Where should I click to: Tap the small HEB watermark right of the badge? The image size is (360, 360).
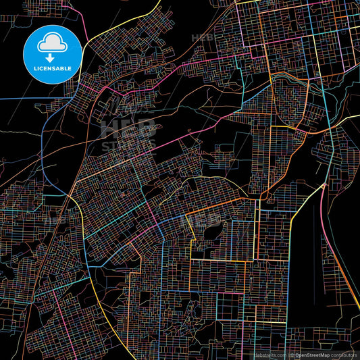click(x=203, y=38)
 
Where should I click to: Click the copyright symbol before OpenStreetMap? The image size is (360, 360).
click(x=291, y=355)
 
